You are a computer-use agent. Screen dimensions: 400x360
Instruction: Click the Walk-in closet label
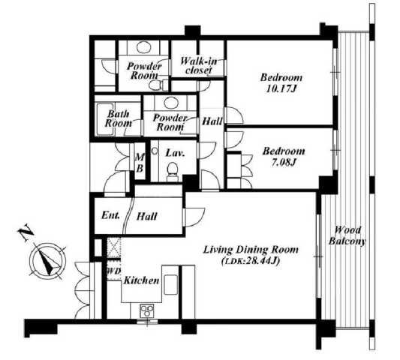(199, 65)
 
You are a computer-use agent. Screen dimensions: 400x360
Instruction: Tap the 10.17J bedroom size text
(281, 89)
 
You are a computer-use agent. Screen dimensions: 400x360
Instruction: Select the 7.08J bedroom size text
(284, 163)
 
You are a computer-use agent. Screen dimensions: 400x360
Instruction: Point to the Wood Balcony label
(347, 235)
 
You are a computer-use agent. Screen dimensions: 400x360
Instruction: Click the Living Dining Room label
(251, 250)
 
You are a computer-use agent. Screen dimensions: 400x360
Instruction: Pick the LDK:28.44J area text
(251, 261)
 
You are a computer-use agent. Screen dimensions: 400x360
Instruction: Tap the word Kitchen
(141, 280)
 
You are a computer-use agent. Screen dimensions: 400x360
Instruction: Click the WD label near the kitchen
(113, 271)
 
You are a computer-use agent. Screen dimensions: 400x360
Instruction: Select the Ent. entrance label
(110, 215)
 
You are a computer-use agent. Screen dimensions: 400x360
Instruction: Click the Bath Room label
(119, 118)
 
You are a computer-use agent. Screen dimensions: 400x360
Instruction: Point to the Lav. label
(175, 153)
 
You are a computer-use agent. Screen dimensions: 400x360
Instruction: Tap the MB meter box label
(140, 163)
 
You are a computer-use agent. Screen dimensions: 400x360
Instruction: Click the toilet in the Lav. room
(173, 171)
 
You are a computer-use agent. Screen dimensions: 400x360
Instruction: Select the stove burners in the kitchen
(147, 310)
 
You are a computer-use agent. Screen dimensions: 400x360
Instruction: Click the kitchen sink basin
(170, 284)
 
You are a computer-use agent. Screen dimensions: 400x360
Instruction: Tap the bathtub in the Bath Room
(105, 119)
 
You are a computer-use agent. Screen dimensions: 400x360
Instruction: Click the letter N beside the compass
(26, 232)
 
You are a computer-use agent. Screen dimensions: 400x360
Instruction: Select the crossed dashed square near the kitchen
(113, 247)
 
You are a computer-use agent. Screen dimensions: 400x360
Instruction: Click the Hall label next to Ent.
(147, 217)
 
